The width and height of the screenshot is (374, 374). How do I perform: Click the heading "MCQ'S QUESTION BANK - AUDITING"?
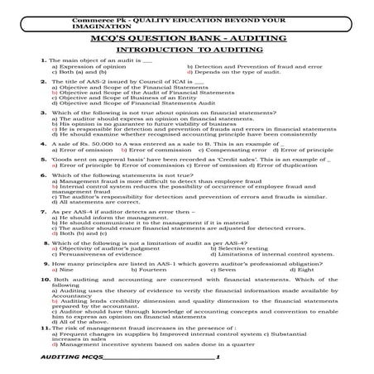point(186,37)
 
